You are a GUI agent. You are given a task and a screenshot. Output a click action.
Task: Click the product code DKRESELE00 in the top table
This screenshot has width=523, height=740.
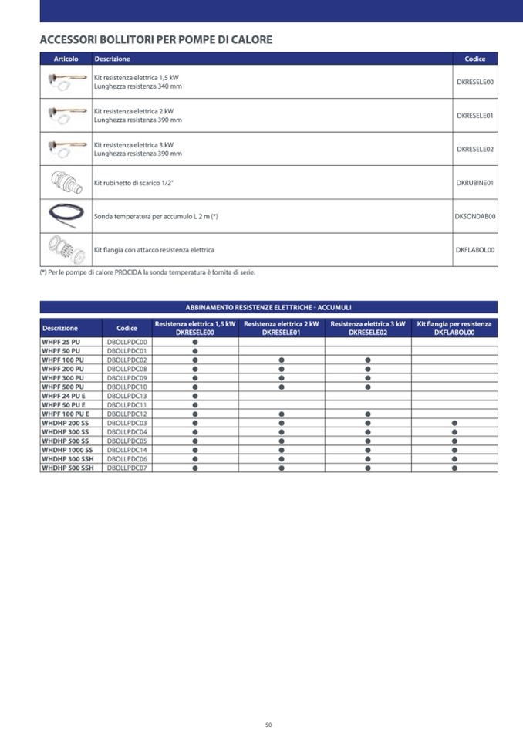click(474, 82)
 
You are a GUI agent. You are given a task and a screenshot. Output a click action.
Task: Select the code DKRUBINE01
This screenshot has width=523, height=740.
click(474, 183)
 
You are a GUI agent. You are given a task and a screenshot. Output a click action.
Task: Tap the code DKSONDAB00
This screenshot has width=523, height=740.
click(474, 217)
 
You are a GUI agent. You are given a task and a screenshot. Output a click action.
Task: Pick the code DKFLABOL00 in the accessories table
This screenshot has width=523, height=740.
click(474, 250)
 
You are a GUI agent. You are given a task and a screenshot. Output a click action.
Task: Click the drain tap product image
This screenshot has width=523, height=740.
click(66, 182)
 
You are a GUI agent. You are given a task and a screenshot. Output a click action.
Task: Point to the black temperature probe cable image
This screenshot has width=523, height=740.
click(66, 216)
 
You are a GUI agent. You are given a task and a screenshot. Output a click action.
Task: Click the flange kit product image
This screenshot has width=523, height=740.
click(66, 249)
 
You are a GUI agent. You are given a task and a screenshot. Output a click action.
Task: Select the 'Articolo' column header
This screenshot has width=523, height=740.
click(66, 59)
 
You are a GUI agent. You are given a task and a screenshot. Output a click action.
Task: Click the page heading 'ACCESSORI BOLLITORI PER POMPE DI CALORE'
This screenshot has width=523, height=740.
click(156, 39)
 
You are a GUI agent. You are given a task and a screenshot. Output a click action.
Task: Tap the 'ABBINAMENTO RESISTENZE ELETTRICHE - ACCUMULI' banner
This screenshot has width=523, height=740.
click(268, 307)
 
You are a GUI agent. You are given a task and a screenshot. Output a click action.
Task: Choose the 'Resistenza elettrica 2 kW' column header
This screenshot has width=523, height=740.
click(281, 328)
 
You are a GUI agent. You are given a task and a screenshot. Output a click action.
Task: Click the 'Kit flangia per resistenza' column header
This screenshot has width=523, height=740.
click(454, 328)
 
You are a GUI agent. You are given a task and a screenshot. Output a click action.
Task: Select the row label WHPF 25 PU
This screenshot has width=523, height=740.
click(61, 342)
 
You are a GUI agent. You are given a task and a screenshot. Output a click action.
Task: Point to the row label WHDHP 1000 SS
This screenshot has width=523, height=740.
click(67, 450)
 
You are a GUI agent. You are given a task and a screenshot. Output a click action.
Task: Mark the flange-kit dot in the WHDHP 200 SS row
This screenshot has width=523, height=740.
click(454, 423)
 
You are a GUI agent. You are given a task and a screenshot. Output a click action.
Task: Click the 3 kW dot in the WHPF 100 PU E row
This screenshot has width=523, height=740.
click(368, 414)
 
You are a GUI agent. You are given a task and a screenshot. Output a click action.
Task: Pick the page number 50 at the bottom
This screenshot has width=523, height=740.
click(268, 725)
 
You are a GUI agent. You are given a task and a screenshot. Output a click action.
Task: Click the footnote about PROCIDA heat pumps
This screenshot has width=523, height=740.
click(147, 272)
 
